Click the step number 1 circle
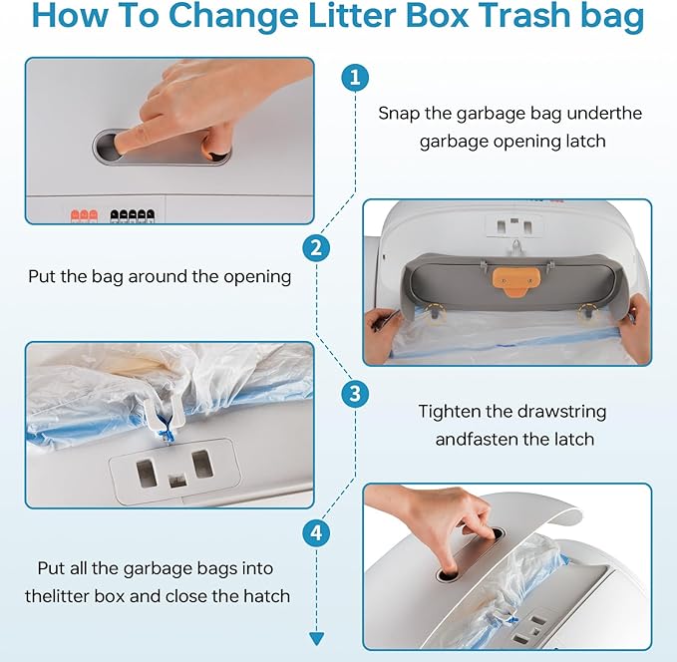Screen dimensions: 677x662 (x=355, y=78)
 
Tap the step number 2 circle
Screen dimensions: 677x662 (x=316, y=248)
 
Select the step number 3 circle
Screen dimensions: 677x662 (x=355, y=394)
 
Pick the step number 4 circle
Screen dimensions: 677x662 (x=316, y=532)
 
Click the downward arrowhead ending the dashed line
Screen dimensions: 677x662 (x=316, y=639)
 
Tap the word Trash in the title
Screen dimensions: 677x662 (x=524, y=16)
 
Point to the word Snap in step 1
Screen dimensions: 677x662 (x=399, y=114)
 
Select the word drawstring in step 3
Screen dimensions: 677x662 (x=561, y=412)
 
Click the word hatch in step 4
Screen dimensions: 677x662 (x=267, y=596)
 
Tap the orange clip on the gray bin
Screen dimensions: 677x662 (x=516, y=281)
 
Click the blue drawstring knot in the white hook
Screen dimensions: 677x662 (x=165, y=427)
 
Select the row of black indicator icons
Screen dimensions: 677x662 (x=133, y=215)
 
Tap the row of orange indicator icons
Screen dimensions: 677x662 (x=84, y=215)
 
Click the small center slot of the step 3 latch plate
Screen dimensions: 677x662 (x=177, y=481)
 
